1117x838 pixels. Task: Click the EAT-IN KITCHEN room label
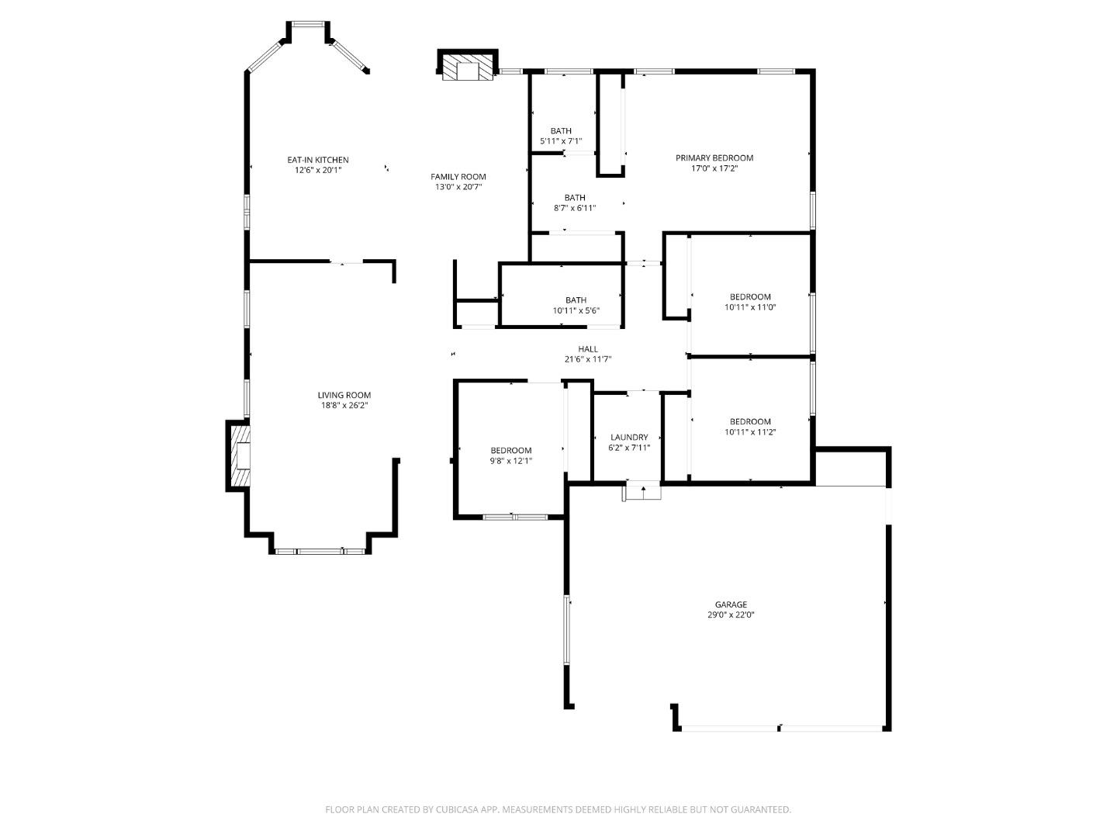pos(318,160)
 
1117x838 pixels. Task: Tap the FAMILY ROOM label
pos(458,176)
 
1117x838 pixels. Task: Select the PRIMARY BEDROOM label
pos(714,158)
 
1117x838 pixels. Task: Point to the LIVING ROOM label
pos(344,395)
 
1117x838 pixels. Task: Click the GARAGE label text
pos(731,604)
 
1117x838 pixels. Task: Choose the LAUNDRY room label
pos(628,438)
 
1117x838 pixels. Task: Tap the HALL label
pos(588,349)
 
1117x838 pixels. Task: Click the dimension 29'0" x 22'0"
pos(731,615)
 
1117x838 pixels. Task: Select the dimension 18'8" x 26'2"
pos(344,406)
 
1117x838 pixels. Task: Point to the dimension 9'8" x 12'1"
pos(510,461)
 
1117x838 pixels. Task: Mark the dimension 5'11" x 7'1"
pos(561,141)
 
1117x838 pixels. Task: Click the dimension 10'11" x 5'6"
pos(576,311)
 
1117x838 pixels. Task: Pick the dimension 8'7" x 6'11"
pos(575,208)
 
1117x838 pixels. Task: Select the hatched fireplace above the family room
pos(467,67)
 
